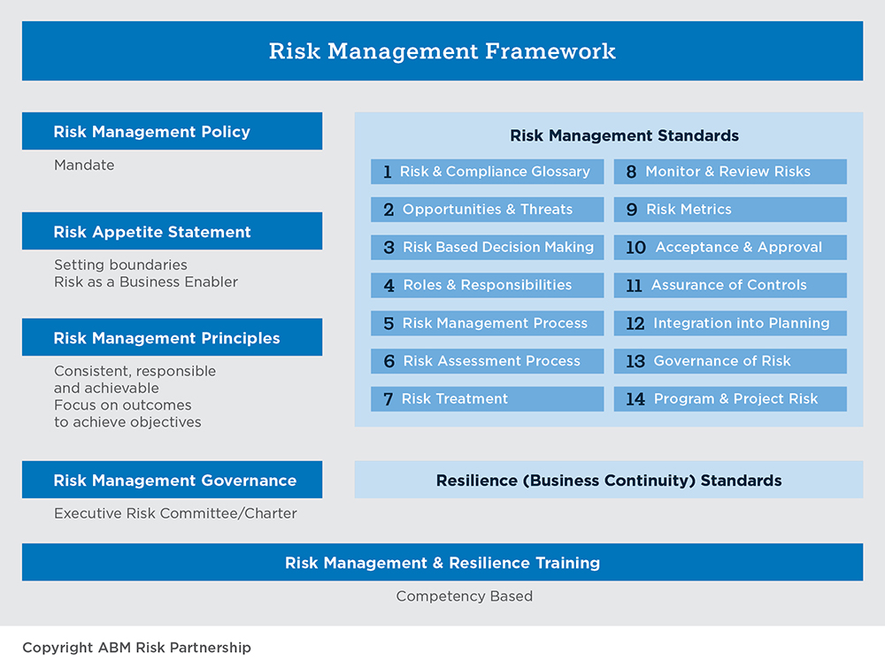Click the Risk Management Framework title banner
[442, 51]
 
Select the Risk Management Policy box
[172, 132]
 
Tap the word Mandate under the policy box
[84, 165]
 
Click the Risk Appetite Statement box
[172, 232]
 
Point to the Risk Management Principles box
[172, 338]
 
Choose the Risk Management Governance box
[172, 481]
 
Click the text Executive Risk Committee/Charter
[175, 513]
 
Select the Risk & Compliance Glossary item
[487, 172]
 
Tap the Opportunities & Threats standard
[487, 210]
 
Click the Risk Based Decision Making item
[487, 248]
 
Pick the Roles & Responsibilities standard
[487, 285]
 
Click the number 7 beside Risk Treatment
[388, 399]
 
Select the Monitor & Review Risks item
[730, 172]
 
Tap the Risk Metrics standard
[730, 210]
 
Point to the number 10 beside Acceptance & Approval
[635, 248]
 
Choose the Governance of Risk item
[730, 361]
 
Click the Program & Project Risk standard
[730, 399]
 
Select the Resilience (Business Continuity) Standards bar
[609, 481]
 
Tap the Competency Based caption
[465, 596]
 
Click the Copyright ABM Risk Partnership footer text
[136, 648]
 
